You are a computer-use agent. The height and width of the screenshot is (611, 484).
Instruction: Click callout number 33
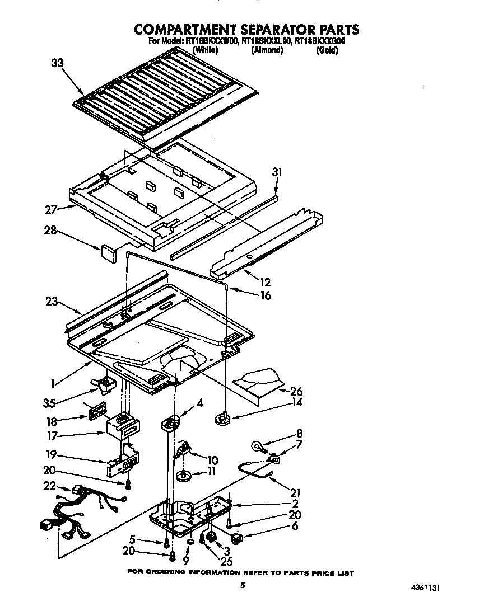(x=57, y=63)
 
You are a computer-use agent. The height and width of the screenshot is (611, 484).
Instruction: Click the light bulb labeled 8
(x=258, y=446)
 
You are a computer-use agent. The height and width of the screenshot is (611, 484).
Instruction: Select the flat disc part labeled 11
(x=184, y=476)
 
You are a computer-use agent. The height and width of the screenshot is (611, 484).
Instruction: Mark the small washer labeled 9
(x=190, y=542)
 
